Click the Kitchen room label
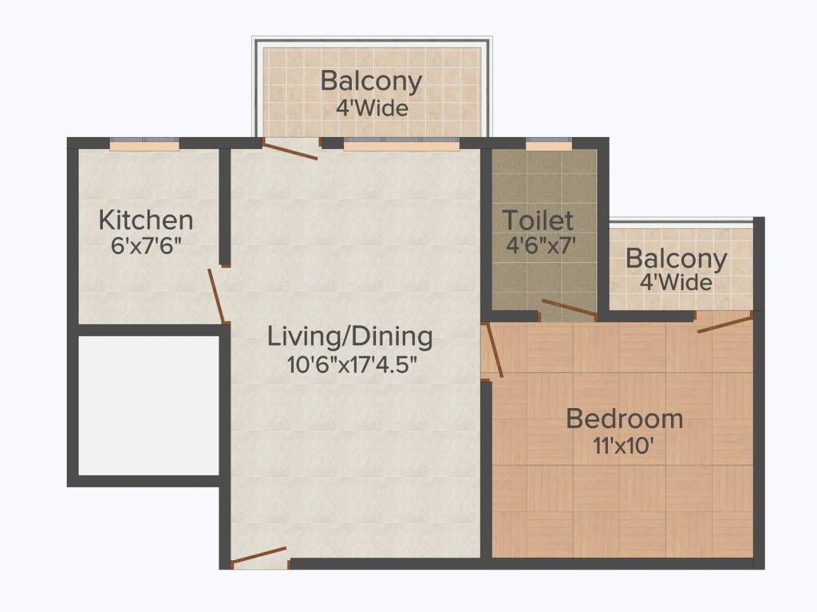pos(145,219)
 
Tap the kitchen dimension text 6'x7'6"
pos(145,245)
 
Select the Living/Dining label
pos(350,335)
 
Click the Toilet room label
pos(538,220)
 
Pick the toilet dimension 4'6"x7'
pos(539,245)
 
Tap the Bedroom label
pos(624,418)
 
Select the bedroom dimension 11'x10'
pos(624,444)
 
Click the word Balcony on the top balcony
pos(371,81)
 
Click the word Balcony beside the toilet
pos(676,259)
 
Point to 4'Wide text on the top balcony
pos(372,107)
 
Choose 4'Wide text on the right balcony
pos(676,282)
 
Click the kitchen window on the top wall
pos(144,145)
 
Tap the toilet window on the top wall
pos(549,145)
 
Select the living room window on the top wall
pos(401,145)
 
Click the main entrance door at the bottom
pos(259,556)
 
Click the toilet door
pos(568,308)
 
